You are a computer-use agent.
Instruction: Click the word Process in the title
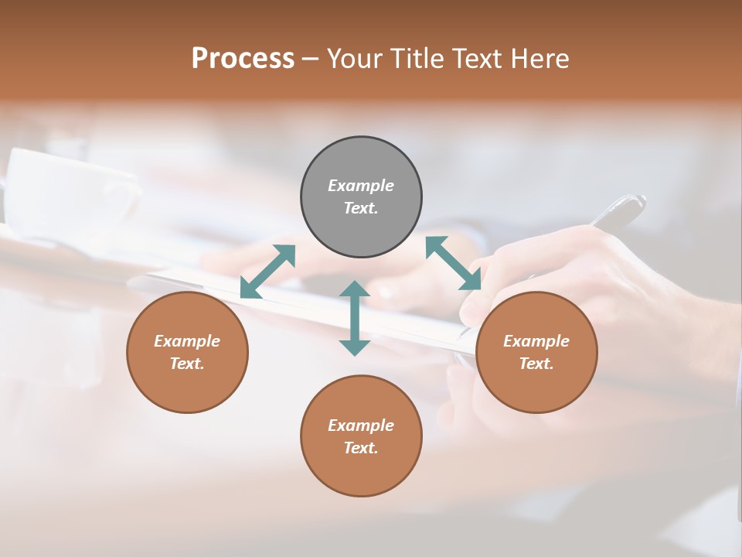click(x=243, y=59)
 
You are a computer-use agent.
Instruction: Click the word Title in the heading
click(x=414, y=59)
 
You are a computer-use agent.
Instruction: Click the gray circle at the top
click(x=361, y=162)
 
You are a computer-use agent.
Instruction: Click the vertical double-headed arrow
click(x=355, y=318)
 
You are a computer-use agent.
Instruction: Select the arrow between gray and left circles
click(x=267, y=272)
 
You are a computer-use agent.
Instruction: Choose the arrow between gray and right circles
click(x=454, y=263)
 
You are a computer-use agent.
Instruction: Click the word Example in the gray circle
click(x=361, y=186)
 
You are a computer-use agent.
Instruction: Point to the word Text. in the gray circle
click(x=361, y=208)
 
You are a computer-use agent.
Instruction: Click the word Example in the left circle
click(x=187, y=341)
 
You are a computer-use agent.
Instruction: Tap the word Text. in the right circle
click(x=536, y=364)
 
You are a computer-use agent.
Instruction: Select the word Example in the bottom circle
click(x=361, y=425)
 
